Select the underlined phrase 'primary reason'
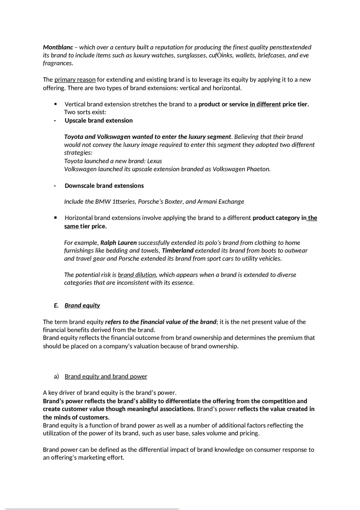[x=75, y=80]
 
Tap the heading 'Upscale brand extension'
[x=99, y=121]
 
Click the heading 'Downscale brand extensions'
[x=104, y=186]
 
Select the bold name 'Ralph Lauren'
[x=118, y=243]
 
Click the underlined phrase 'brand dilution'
[x=137, y=275]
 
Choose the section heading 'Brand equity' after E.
[x=82, y=306]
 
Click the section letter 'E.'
[x=56, y=306]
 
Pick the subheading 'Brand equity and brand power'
[x=106, y=376]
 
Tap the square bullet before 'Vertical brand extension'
[x=56, y=104]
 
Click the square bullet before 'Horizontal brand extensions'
[x=56, y=218]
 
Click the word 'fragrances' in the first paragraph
[x=58, y=63]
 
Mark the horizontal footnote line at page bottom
[x=92, y=509]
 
